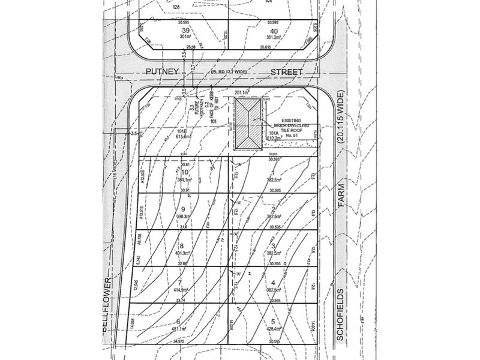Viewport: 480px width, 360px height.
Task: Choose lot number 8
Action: pyautogui.click(x=181, y=246)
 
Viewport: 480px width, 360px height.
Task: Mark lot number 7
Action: pyautogui.click(x=179, y=283)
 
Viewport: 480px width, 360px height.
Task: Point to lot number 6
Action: pyautogui.click(x=178, y=321)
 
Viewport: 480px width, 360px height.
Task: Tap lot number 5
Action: pyautogui.click(x=274, y=321)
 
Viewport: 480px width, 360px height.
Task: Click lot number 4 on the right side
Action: pyautogui.click(x=274, y=283)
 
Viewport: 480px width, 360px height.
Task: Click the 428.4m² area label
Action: pyautogui.click(x=275, y=328)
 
